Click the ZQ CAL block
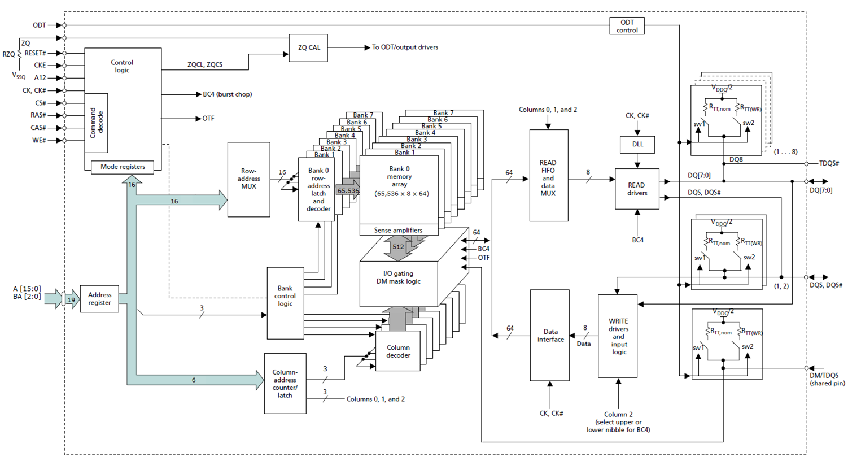[x=308, y=48]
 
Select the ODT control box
[x=627, y=26]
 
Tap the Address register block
[x=99, y=299]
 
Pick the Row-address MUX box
[x=248, y=179]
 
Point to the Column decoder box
[x=398, y=351]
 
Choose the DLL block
[x=637, y=144]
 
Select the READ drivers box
[x=637, y=189]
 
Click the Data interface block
[x=550, y=336]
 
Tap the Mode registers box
[x=123, y=167]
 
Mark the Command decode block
[x=97, y=123]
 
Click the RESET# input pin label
[x=36, y=53]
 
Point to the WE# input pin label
[x=39, y=140]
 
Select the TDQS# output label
[x=829, y=163]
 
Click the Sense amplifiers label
[x=398, y=230]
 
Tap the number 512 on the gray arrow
[x=398, y=247]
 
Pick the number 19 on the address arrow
[x=71, y=300]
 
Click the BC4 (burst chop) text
[x=227, y=94]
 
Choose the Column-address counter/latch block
[x=285, y=384]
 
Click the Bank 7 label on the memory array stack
[x=443, y=113]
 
